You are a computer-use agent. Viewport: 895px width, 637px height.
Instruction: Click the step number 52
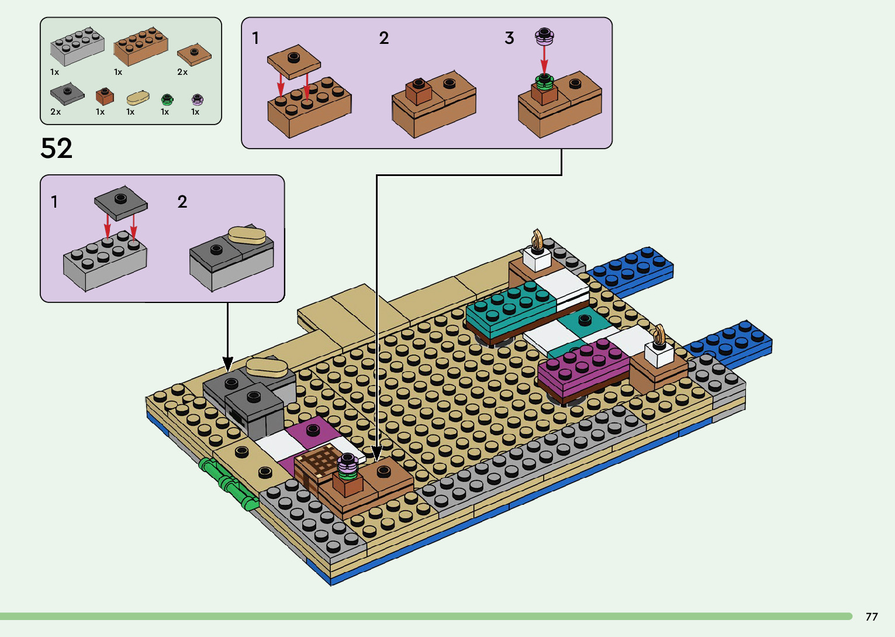(x=57, y=149)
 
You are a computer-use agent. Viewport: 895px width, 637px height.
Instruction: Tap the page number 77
(x=871, y=617)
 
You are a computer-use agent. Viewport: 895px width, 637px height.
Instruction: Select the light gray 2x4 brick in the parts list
(x=77, y=46)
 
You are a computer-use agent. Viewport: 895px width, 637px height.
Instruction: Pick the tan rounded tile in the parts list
(x=138, y=97)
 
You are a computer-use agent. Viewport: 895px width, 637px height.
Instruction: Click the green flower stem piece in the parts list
(x=167, y=98)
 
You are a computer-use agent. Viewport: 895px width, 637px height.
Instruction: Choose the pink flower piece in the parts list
(x=197, y=99)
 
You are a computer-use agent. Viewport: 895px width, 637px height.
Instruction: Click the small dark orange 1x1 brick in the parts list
(x=105, y=96)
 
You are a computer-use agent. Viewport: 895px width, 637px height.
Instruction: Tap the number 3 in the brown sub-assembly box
(x=509, y=39)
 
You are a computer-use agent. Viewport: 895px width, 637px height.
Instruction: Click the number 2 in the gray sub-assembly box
(x=182, y=202)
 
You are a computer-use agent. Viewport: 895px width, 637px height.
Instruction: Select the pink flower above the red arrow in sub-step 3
(x=544, y=36)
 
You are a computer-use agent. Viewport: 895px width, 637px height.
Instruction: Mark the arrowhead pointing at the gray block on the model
(x=227, y=364)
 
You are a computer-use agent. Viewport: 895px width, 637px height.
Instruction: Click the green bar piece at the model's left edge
(x=227, y=483)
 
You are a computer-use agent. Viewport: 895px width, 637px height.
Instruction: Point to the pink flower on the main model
(x=348, y=464)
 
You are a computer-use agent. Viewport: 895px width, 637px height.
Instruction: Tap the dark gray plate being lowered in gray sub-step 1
(x=121, y=203)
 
